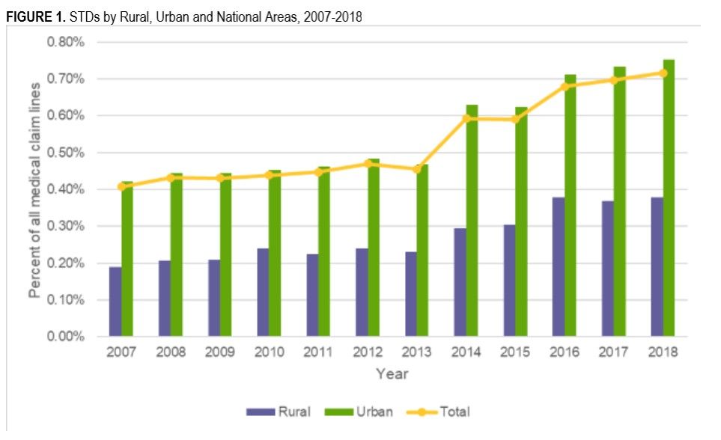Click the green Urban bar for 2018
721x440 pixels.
coord(669,198)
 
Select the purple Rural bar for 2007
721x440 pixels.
coord(115,302)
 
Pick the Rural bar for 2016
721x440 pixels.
coord(559,267)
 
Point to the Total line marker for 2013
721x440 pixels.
coord(417,169)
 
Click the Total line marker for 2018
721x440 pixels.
coord(663,73)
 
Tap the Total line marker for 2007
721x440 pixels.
coord(121,186)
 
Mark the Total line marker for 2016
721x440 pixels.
coord(565,86)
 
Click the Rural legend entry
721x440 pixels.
coord(279,412)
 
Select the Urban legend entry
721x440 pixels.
coord(361,412)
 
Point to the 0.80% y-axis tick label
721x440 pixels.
coord(66,42)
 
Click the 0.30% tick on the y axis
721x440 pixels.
coord(66,226)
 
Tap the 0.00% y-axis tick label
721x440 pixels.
coord(66,337)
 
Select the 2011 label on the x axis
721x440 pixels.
coord(318,352)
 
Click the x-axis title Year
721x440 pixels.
coord(392,373)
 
